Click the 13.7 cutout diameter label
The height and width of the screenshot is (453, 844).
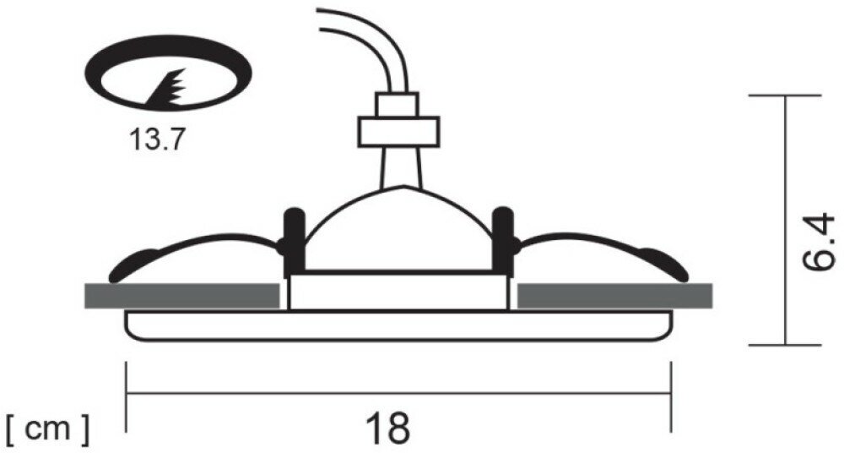pyautogui.click(x=156, y=139)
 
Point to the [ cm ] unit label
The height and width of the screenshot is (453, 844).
pyautogui.click(x=47, y=430)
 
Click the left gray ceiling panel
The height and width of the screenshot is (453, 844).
pyautogui.click(x=181, y=296)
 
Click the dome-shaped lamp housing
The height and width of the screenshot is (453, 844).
pyautogui.click(x=398, y=232)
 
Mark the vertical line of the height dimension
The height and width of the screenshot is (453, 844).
pyautogui.click(x=786, y=220)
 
